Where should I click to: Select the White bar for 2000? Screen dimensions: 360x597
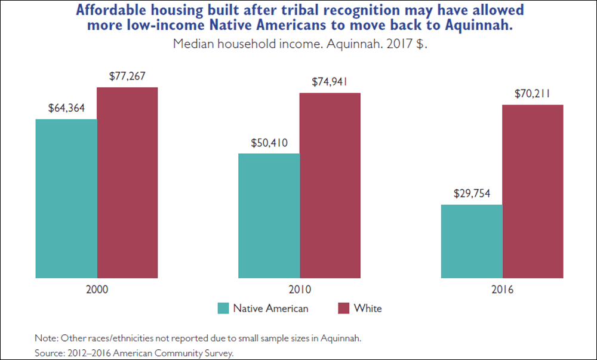pos(127,183)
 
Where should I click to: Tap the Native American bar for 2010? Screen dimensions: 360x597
pos(269,216)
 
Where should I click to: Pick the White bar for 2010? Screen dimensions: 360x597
pos(330,185)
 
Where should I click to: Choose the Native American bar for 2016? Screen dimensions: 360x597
pos(472,241)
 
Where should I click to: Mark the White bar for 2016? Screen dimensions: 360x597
pos(533,191)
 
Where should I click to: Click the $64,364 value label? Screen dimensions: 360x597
pos(66,109)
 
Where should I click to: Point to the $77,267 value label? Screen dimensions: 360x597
pos(127,76)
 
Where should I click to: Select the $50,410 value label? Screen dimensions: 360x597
pos(269,143)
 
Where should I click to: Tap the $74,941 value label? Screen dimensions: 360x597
pos(330,82)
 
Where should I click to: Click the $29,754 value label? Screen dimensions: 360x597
pos(472,194)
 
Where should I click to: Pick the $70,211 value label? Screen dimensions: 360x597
pos(533,94)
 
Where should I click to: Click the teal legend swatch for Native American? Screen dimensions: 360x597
pos(223,309)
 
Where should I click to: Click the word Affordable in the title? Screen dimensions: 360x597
pos(114,11)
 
